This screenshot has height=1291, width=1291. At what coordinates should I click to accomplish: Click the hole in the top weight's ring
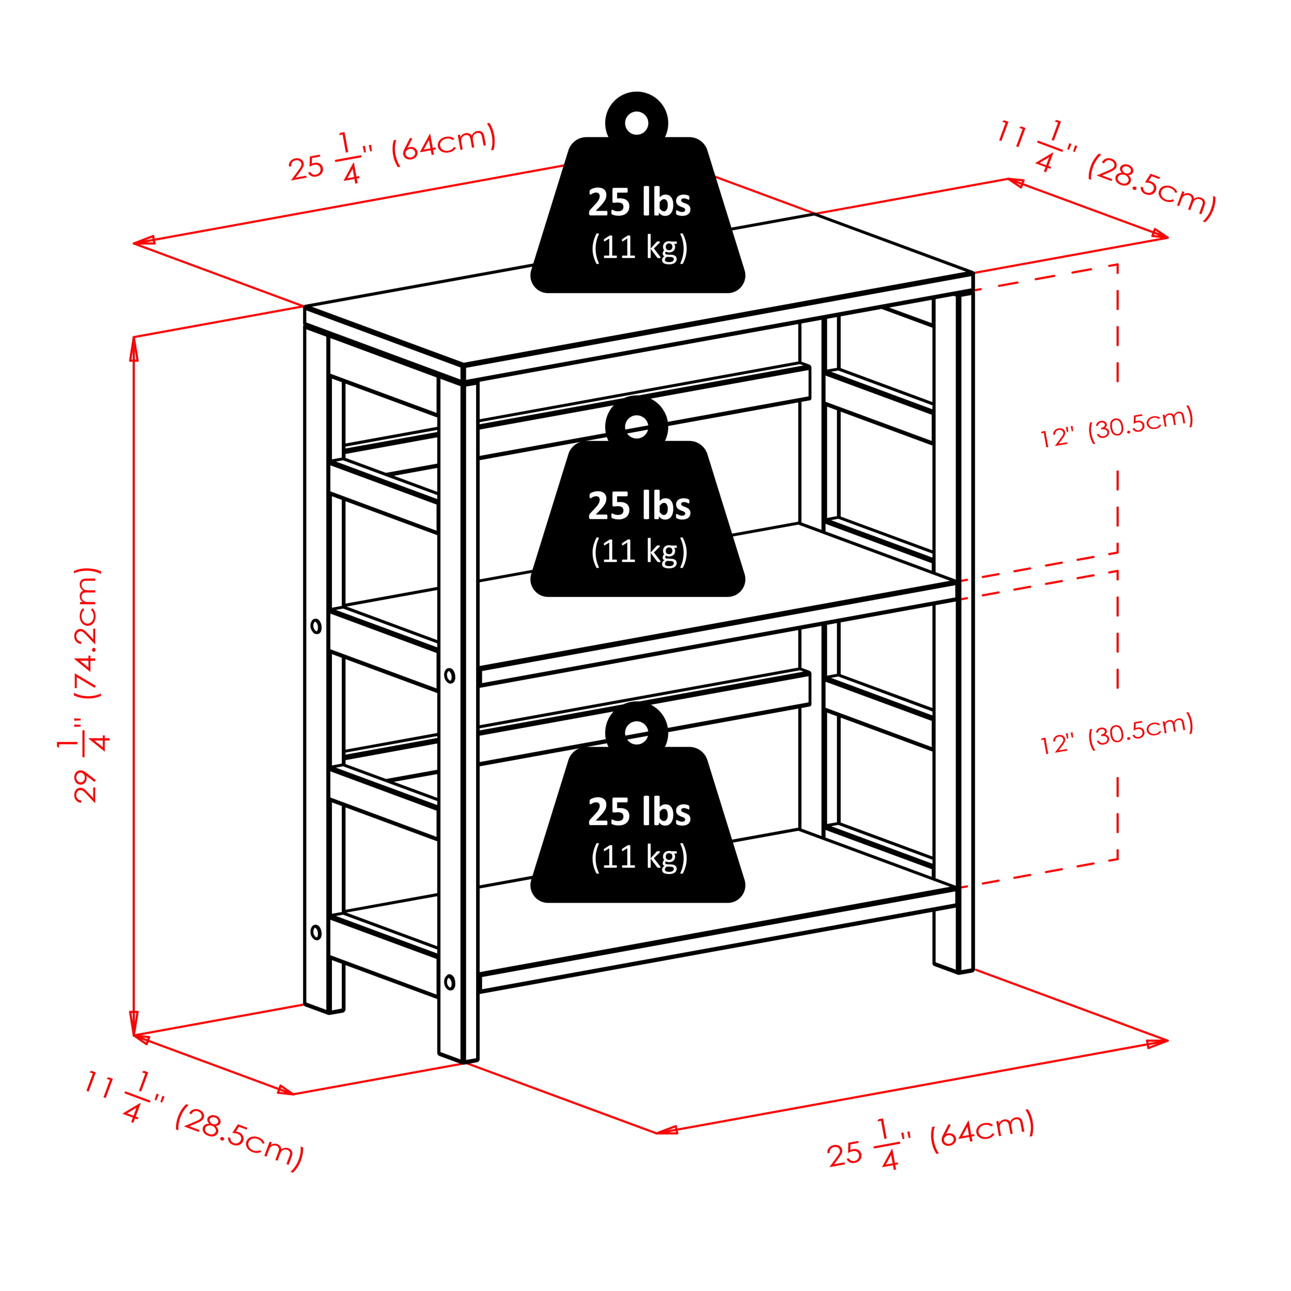(636, 123)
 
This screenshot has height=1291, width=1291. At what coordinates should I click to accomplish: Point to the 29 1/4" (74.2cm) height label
(86, 684)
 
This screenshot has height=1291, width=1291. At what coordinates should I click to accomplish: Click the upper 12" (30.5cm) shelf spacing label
(1116, 428)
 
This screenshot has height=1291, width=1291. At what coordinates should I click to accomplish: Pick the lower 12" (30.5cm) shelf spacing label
(1116, 734)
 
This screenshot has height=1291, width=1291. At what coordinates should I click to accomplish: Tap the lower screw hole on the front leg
(450, 982)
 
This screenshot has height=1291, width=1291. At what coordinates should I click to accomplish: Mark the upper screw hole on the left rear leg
(316, 626)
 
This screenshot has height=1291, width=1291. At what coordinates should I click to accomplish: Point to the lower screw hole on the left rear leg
(316, 932)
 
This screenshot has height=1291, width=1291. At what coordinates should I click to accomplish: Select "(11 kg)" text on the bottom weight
(639, 857)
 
